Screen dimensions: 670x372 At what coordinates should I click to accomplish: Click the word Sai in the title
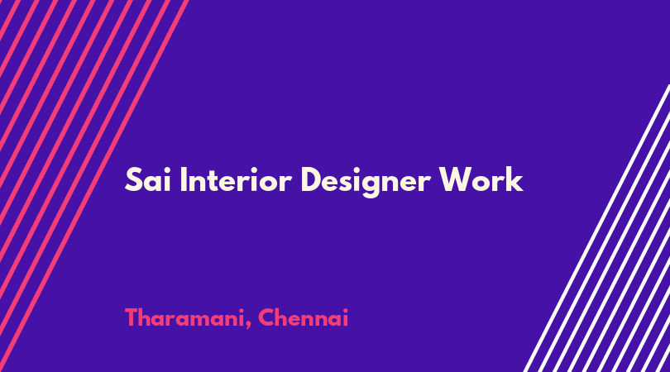click(148, 180)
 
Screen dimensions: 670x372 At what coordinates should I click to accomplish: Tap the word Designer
click(366, 182)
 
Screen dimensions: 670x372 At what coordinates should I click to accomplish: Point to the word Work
click(481, 179)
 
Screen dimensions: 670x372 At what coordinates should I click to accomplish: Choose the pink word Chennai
click(304, 317)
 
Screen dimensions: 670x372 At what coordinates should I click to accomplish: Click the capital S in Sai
click(133, 180)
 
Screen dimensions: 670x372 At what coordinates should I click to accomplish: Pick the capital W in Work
click(457, 180)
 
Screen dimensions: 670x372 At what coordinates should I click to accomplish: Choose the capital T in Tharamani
click(132, 318)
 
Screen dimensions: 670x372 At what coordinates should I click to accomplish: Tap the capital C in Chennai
click(266, 317)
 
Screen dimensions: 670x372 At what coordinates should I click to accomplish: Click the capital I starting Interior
click(184, 180)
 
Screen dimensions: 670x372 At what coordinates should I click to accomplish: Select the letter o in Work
click(481, 184)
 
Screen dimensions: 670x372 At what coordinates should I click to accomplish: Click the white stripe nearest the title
click(596, 228)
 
